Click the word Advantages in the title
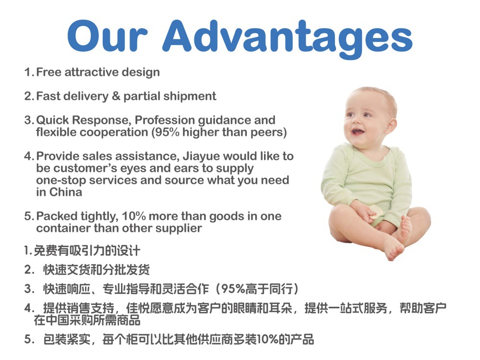pyautogui.click(x=288, y=38)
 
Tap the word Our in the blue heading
pyautogui.click(x=108, y=36)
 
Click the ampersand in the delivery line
pyautogui.click(x=116, y=96)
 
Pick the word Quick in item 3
pyautogui.click(x=52, y=120)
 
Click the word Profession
pyautogui.click(x=165, y=120)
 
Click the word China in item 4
pyautogui.click(x=66, y=192)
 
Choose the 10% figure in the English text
pyautogui.click(x=134, y=216)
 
